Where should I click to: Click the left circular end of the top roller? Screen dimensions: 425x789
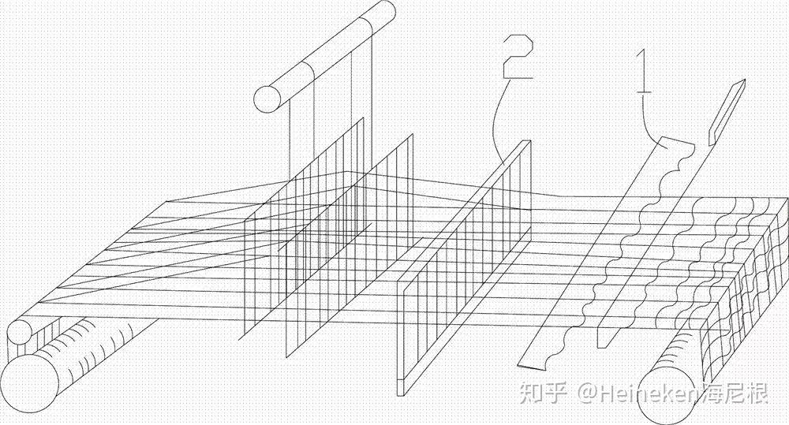267,98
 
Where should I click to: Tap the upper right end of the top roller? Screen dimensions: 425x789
382,13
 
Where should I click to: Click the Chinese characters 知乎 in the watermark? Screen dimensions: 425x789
544,392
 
